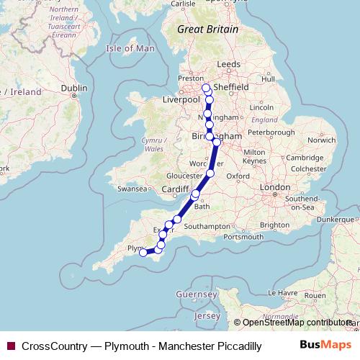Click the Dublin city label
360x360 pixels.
pos(74,88)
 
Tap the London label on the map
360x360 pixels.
pos(274,187)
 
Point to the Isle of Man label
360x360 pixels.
pos(130,48)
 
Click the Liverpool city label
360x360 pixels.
pos(181,99)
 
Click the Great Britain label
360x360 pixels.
pos(208,29)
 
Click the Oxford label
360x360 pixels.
pos(238,176)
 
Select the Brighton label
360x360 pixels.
pos(274,225)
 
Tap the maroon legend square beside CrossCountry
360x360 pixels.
pos(11,346)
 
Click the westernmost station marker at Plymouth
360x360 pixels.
pos(143,252)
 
